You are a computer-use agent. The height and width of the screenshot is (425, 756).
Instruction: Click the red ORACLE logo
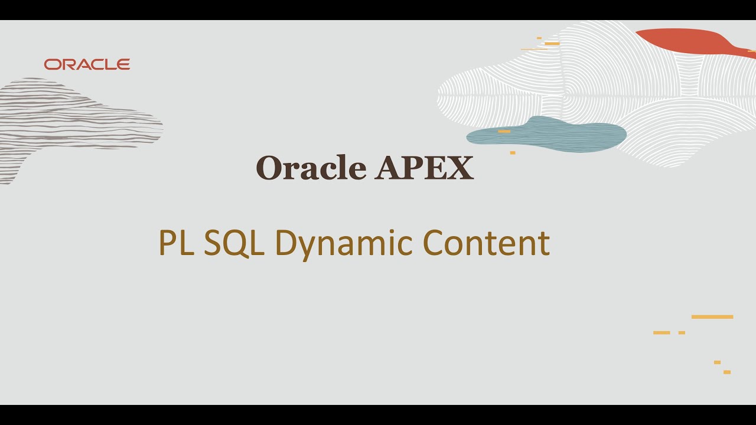[x=87, y=64]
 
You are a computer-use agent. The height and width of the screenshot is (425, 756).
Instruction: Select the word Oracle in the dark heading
[x=311, y=168]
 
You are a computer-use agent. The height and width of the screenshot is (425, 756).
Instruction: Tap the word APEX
[x=424, y=168]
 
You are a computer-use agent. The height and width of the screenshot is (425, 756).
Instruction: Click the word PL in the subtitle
[x=176, y=243]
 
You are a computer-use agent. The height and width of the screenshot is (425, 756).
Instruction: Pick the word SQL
[x=234, y=243]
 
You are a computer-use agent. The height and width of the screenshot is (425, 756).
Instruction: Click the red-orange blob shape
[x=685, y=41]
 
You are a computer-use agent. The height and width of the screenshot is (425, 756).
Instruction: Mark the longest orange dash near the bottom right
[x=712, y=317]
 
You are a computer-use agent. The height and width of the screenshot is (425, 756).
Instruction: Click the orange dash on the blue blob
[x=504, y=131]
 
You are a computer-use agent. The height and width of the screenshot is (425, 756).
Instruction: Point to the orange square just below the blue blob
[x=513, y=153]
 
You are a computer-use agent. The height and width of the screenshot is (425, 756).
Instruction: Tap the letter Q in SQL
[x=234, y=243]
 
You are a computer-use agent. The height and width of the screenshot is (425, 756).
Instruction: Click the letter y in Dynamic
[x=306, y=247]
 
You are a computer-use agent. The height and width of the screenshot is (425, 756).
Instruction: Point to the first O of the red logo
[x=53, y=64]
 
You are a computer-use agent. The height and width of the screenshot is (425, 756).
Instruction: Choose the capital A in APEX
[x=387, y=168]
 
